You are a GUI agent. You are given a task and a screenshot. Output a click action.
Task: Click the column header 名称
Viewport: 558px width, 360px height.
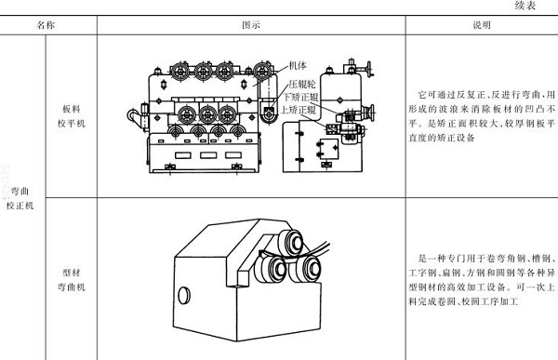click(x=46, y=26)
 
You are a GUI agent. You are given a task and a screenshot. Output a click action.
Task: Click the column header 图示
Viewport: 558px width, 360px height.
click(x=250, y=26)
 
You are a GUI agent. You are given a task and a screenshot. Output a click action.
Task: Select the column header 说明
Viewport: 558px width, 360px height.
click(x=481, y=26)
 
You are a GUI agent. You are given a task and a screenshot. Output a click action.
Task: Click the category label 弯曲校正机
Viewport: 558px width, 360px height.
click(x=21, y=196)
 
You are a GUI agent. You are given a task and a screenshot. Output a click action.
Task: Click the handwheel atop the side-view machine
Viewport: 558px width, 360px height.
click(x=366, y=68)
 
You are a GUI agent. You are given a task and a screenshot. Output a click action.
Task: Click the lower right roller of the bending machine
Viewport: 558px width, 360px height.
click(x=300, y=271)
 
